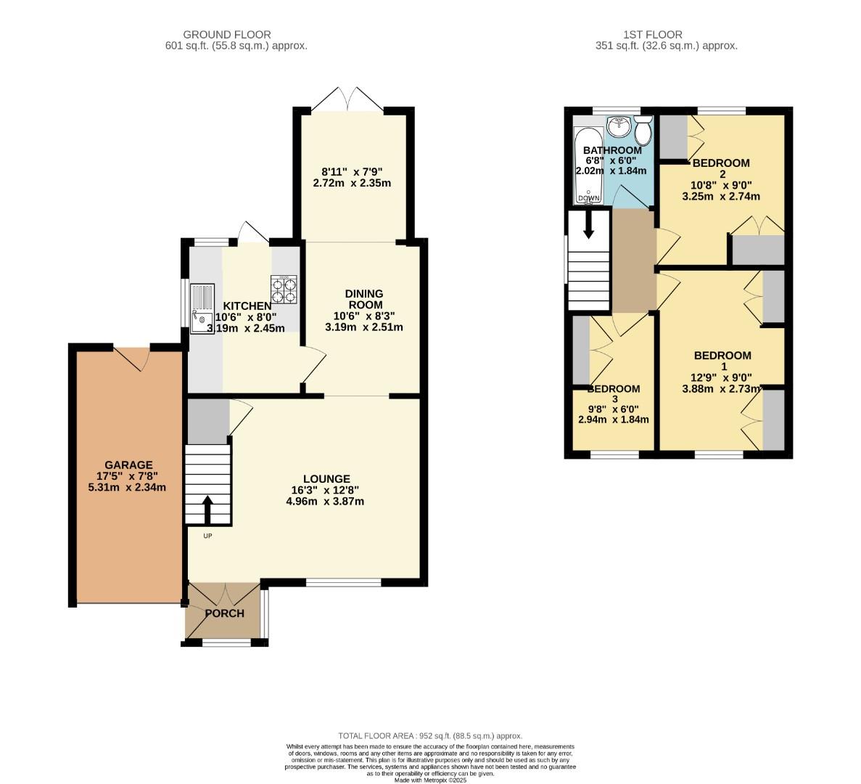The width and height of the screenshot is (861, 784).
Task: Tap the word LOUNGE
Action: tap(326, 478)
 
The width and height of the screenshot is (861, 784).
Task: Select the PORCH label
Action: tap(224, 613)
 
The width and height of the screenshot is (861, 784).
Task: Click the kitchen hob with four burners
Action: tap(284, 290)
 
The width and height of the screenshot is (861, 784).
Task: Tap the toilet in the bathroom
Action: tap(643, 132)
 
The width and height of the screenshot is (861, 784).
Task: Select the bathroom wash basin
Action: tap(619, 127)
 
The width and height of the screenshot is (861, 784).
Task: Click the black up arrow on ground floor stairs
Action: tap(207, 509)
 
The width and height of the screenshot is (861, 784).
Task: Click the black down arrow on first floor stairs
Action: tap(588, 225)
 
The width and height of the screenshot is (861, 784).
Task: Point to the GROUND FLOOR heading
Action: tap(227, 34)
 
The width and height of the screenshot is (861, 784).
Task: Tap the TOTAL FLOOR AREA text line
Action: tap(430, 735)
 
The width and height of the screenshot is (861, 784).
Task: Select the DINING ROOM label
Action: tap(364, 299)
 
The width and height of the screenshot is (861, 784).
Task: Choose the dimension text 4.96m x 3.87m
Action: tap(325, 501)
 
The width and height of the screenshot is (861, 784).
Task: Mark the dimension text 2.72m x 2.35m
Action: tap(352, 183)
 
